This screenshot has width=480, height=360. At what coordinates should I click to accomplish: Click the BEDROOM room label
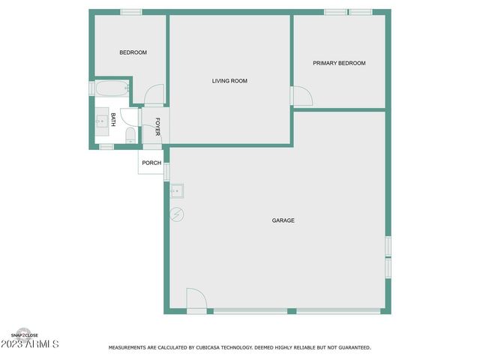pos(133,52)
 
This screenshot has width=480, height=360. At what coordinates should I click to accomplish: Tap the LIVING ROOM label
pos(229,81)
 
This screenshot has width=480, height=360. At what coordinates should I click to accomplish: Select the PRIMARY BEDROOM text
pos(339,63)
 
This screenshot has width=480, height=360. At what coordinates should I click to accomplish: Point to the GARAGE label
pos(283,220)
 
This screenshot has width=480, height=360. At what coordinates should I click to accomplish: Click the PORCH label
pos(151,163)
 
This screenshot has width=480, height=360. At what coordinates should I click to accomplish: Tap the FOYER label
pos(157,127)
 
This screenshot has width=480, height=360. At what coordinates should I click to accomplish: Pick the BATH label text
pos(113,118)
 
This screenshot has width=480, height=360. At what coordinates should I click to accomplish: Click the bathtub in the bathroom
pos(111,88)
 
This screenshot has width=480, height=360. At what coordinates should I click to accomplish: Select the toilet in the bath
pos(130,135)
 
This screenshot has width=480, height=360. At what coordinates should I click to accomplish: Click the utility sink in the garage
pos(178,190)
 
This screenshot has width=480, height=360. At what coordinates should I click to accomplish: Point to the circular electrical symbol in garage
pos(177,214)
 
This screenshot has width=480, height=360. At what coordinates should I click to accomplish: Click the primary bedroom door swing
pos(302,96)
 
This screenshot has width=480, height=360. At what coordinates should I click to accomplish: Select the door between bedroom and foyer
pos(154,95)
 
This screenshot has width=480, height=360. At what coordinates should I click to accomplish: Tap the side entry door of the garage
pos(196,300)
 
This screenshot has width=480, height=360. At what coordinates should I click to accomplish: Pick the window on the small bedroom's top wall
pos(131,12)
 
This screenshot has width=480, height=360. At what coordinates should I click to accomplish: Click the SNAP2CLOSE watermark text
pos(25,335)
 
